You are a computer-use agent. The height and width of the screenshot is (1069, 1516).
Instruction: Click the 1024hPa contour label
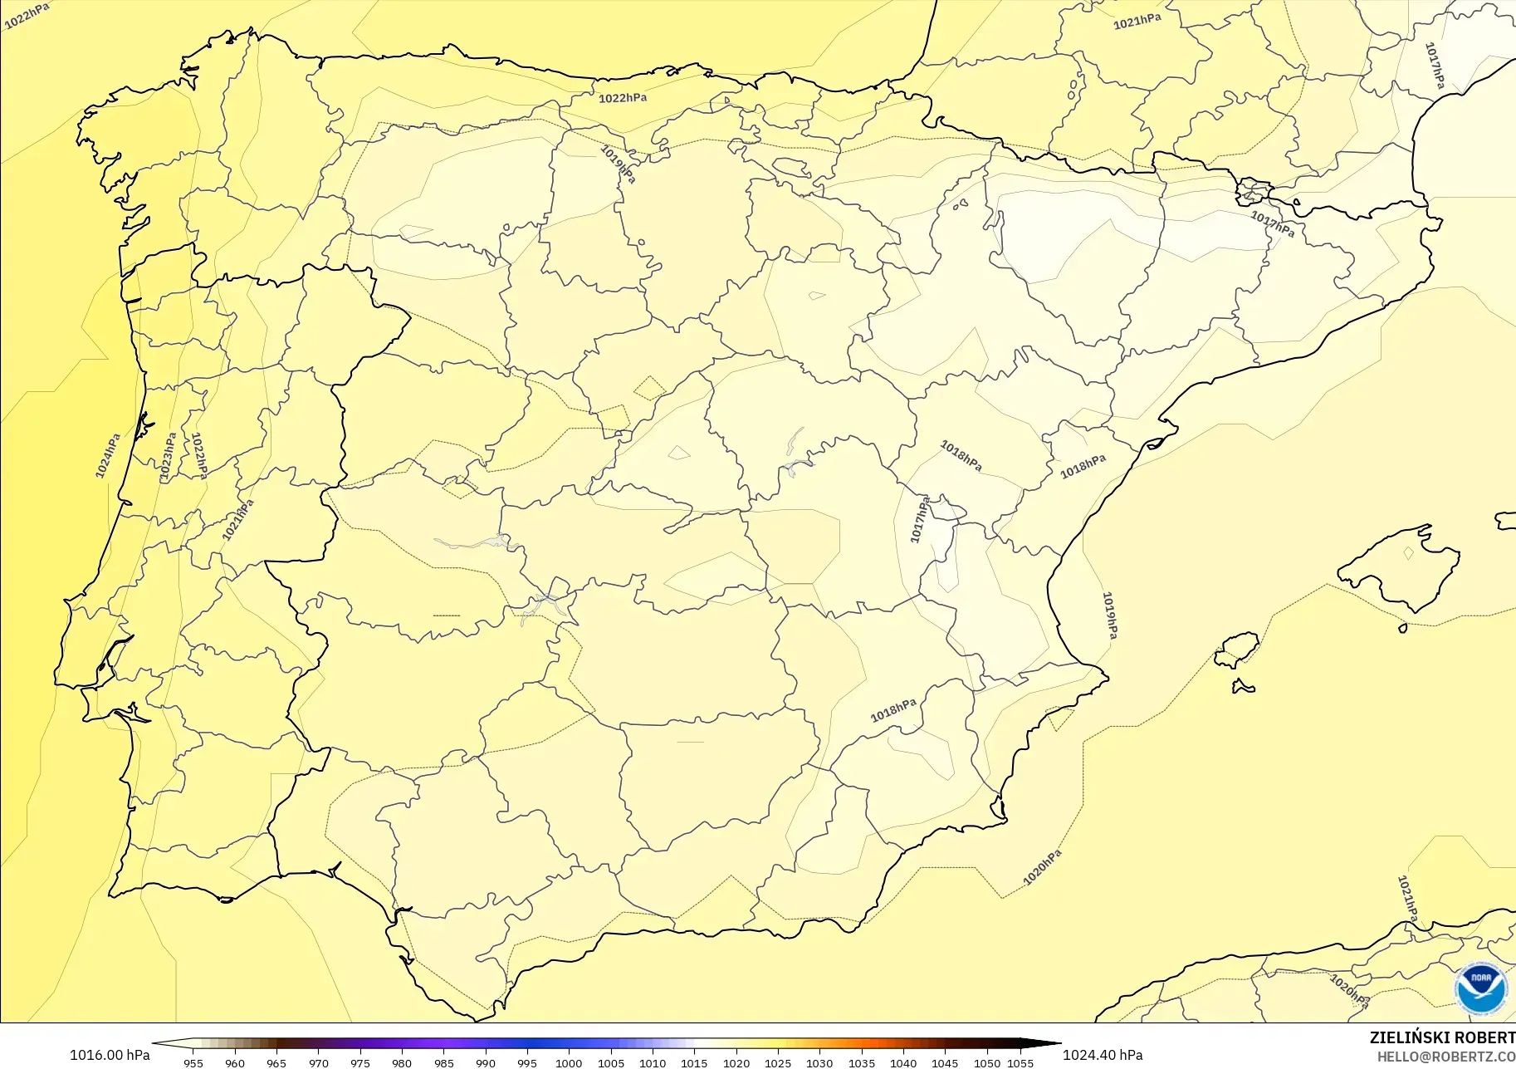click(x=108, y=455)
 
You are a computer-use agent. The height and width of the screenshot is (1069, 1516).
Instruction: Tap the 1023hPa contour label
click(x=168, y=456)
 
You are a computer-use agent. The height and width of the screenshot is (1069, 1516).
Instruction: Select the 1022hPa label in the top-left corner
click(x=27, y=16)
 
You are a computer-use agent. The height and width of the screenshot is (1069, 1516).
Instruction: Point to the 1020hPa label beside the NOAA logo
click(x=1348, y=991)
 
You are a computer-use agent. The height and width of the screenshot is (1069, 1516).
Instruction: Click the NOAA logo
click(x=1480, y=988)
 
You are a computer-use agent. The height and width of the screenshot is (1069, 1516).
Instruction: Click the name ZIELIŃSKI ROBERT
click(x=1442, y=1037)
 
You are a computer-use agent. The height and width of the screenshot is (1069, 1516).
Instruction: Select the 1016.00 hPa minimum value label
click(x=110, y=1055)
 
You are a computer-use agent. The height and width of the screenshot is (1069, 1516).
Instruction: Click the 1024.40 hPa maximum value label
click(x=1103, y=1055)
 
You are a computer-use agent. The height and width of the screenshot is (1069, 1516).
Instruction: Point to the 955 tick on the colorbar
click(x=193, y=1062)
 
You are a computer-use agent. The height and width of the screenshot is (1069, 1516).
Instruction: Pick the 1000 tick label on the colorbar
click(x=569, y=1062)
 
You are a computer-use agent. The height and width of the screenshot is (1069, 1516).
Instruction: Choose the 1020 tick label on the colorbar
click(x=736, y=1062)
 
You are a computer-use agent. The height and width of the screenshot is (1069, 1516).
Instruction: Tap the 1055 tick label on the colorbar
click(x=1020, y=1062)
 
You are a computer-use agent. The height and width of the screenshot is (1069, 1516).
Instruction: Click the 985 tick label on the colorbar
click(x=443, y=1062)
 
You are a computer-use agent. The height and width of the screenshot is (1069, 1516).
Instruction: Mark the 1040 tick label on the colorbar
click(x=903, y=1062)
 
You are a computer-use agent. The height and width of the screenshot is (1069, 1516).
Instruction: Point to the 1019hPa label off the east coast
click(x=1110, y=615)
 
